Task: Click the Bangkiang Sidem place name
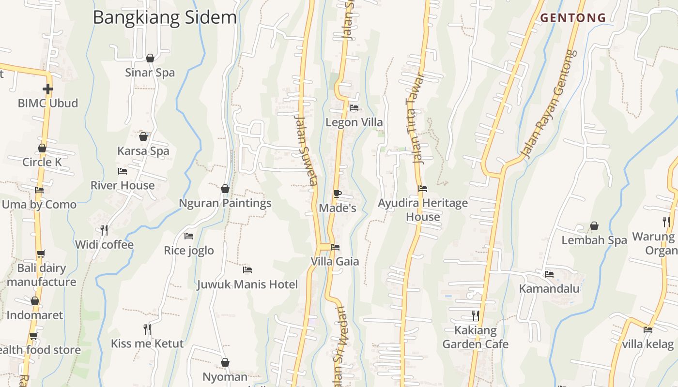click(165, 18)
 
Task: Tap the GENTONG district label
click(573, 18)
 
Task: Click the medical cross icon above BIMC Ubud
click(47, 89)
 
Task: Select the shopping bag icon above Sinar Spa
click(150, 58)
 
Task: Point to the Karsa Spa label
click(143, 151)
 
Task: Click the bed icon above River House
click(123, 171)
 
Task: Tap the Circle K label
click(42, 162)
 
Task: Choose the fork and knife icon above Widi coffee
click(104, 230)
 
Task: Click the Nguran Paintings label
click(225, 203)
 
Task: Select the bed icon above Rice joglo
click(189, 236)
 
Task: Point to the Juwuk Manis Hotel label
click(247, 284)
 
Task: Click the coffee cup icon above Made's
click(338, 194)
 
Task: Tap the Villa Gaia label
click(335, 262)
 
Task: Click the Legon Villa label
click(354, 122)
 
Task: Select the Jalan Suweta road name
click(306, 150)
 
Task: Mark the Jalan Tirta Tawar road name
click(415, 119)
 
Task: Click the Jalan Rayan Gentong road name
click(549, 104)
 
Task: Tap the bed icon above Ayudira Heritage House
click(423, 189)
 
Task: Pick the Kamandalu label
click(549, 289)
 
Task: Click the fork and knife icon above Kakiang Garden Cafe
click(476, 316)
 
